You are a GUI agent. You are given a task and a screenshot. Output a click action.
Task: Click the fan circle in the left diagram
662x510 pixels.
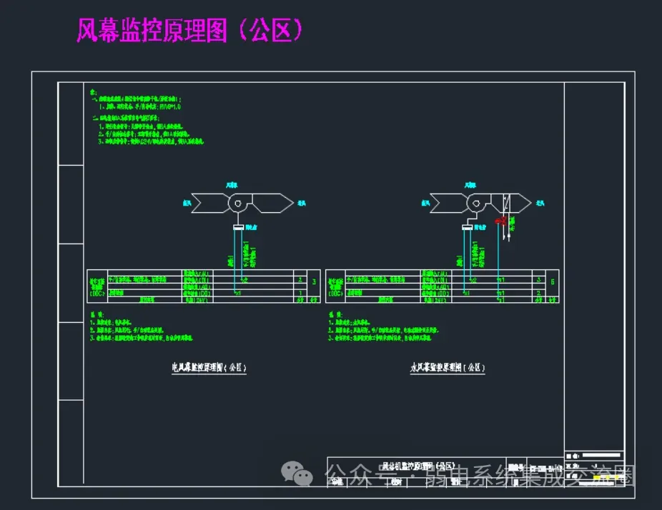pos(237,204)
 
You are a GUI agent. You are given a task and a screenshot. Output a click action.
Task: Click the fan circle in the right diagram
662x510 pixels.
pos(475,204)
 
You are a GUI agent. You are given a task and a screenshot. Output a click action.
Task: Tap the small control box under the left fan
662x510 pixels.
pos(238,227)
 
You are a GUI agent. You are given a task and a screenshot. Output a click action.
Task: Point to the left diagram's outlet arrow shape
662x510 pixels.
pos(274,204)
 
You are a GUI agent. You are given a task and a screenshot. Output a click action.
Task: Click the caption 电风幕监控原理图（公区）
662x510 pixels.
pos(209,369)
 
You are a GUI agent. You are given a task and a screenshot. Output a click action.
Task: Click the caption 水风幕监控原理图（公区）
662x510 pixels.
pos(448,369)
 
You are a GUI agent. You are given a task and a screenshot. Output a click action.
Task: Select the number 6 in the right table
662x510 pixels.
pos(552,282)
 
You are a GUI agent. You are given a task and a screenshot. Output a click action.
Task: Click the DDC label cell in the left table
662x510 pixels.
pos(97,287)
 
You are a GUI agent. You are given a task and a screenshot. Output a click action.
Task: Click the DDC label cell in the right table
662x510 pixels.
pos(335,287)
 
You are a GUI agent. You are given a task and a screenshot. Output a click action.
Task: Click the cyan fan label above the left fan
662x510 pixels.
pos(231,185)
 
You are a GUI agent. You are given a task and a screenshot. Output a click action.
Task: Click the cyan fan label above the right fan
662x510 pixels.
pos(470,185)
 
